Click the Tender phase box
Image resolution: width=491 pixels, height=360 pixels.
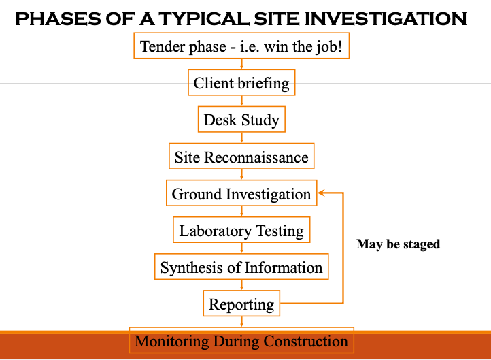point(241,46)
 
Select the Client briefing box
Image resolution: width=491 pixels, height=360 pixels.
point(241,83)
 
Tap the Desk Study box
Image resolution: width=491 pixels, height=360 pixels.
point(241,120)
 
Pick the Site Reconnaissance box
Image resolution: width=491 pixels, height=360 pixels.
point(241,157)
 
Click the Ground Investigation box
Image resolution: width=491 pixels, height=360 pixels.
point(241,194)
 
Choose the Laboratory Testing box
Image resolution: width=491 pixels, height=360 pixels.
point(241,231)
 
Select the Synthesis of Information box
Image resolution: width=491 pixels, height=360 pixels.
point(241,267)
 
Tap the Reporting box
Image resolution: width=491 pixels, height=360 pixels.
point(241,304)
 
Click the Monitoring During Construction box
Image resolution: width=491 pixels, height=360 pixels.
point(241,341)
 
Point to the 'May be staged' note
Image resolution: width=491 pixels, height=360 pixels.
point(398,244)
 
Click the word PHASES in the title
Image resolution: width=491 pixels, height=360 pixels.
point(52,18)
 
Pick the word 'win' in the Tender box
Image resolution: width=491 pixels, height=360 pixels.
point(281,47)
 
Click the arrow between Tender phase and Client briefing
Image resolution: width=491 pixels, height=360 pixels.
point(241,65)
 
